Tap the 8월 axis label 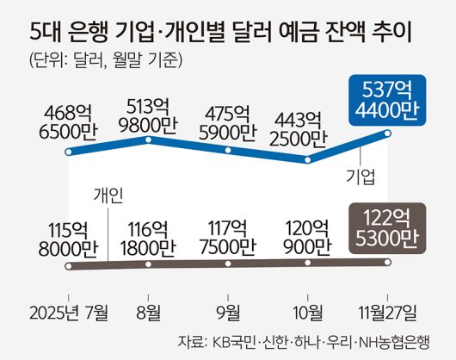[148, 311]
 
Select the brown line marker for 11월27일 [388, 263]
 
